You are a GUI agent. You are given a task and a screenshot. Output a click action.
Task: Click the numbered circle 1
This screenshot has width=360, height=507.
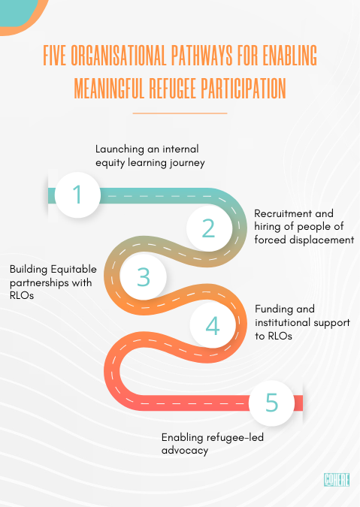77,195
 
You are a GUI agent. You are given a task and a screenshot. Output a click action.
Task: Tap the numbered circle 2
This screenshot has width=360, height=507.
209,228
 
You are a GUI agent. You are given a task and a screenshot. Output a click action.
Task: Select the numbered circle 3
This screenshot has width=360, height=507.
144,276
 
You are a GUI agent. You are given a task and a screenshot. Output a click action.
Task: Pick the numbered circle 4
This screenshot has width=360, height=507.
213,325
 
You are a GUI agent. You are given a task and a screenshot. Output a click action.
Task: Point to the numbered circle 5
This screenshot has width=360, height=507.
272,403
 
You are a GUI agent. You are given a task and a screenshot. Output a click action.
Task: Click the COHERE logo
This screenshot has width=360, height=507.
337,479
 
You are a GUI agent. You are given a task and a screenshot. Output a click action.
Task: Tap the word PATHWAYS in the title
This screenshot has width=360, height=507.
202,56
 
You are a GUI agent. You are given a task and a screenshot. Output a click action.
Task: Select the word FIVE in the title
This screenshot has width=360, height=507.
55,56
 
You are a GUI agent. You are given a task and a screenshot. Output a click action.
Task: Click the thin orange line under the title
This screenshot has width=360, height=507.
180,113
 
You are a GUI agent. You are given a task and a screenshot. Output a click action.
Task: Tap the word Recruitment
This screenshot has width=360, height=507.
283,213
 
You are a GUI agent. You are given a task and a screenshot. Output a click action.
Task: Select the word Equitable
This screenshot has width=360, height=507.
74,270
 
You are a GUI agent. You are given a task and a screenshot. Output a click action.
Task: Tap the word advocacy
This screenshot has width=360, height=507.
185,451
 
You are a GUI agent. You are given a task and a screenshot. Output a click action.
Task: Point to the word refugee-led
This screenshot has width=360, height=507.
235,437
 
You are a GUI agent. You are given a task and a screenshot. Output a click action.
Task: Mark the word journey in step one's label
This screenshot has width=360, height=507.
187,163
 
